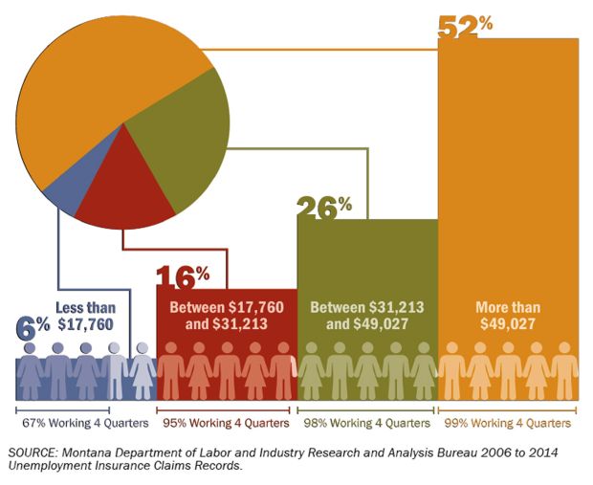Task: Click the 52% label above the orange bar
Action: [465, 26]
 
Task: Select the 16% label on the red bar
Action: [182, 278]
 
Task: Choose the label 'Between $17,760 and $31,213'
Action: [226, 317]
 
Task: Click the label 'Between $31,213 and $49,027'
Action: [367, 317]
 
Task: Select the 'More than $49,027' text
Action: [508, 317]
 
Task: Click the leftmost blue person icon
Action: [30, 375]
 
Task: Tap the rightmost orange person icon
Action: [565, 375]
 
